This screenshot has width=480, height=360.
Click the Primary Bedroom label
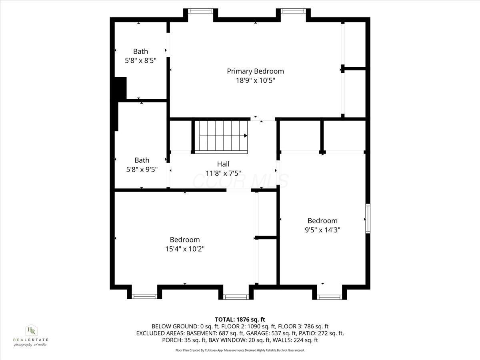point(255,71)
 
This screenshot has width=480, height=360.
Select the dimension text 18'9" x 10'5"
point(255,80)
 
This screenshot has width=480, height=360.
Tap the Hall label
point(223,164)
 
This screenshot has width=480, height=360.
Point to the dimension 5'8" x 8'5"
point(140,60)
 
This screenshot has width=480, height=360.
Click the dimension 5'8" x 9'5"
point(142,169)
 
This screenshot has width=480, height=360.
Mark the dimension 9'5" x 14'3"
point(322,230)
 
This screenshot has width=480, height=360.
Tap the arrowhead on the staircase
point(245,136)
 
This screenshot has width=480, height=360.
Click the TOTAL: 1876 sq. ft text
point(240,319)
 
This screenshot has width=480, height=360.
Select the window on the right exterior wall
point(368,218)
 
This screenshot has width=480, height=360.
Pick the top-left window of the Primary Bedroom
point(200,11)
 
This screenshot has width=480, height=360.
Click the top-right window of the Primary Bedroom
point(293,11)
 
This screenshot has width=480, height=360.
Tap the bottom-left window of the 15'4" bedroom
point(144,296)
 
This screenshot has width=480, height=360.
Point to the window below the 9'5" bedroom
point(330,297)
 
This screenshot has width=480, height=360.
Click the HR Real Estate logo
point(31,335)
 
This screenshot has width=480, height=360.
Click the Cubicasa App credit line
point(240,350)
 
